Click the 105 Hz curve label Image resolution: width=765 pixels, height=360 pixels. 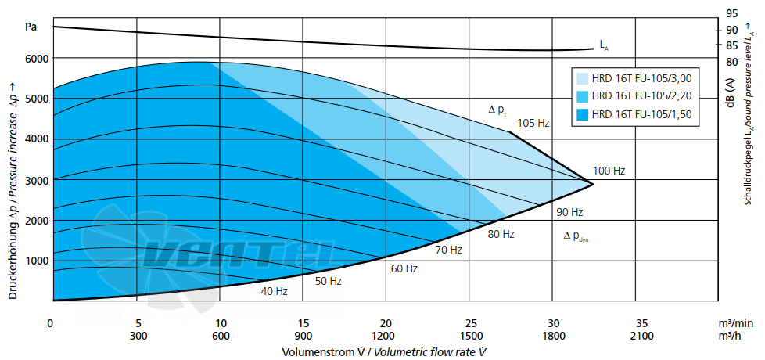click(533, 123)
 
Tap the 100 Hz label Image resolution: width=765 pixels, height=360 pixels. click(609, 171)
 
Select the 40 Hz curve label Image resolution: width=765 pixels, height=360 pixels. click(275, 292)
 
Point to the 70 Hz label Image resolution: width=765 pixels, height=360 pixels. click(448, 250)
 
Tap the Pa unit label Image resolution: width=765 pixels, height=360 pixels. click(31, 27)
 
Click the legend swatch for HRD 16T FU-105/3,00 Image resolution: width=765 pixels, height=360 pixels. click(581, 78)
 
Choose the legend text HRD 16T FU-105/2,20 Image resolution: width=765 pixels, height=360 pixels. click(641, 96)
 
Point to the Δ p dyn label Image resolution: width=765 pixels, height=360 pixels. click(576, 236)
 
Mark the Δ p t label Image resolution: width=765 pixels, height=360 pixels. click(497, 110)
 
